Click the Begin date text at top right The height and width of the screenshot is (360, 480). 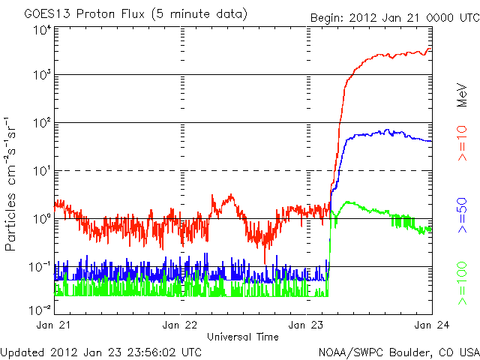(x=383, y=17)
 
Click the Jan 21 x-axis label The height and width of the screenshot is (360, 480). (x=55, y=325)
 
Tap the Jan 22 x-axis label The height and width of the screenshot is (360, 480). (x=180, y=325)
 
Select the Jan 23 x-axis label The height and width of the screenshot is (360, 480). (x=306, y=325)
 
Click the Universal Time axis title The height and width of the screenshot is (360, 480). (x=243, y=337)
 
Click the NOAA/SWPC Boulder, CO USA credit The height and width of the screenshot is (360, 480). (x=397, y=351)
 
